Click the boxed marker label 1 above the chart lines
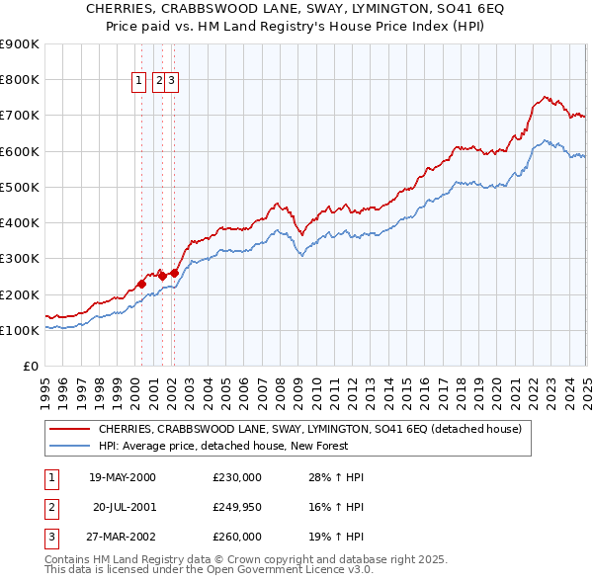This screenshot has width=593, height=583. click(139, 82)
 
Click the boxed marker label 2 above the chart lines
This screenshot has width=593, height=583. click(159, 82)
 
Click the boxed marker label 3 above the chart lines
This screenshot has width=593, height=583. click(171, 82)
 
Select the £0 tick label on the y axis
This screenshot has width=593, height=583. click(30, 366)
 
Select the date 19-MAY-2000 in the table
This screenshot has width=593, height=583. click(123, 478)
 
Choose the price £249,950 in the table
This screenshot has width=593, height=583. click(236, 508)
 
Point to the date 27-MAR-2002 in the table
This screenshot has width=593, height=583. click(123, 538)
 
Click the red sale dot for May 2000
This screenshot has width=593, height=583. click(141, 284)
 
